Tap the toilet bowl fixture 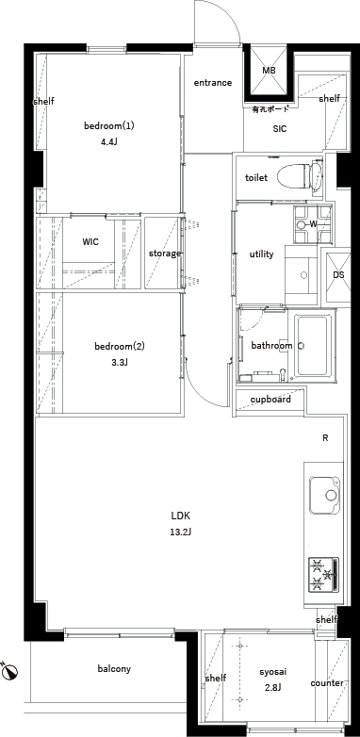[300, 178]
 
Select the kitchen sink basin [325, 496]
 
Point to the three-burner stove [324, 574]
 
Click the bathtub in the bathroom [314, 347]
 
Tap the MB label [269, 71]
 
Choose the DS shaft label [339, 274]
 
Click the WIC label [90, 242]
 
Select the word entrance [213, 83]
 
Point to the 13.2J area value [180, 532]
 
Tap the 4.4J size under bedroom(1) [108, 142]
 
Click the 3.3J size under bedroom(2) [120, 363]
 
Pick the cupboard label [270, 400]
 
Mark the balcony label [114, 669]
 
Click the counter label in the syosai [327, 683]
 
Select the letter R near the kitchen [325, 438]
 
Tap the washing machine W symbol [313, 224]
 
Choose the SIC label [280, 129]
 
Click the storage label [165, 254]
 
